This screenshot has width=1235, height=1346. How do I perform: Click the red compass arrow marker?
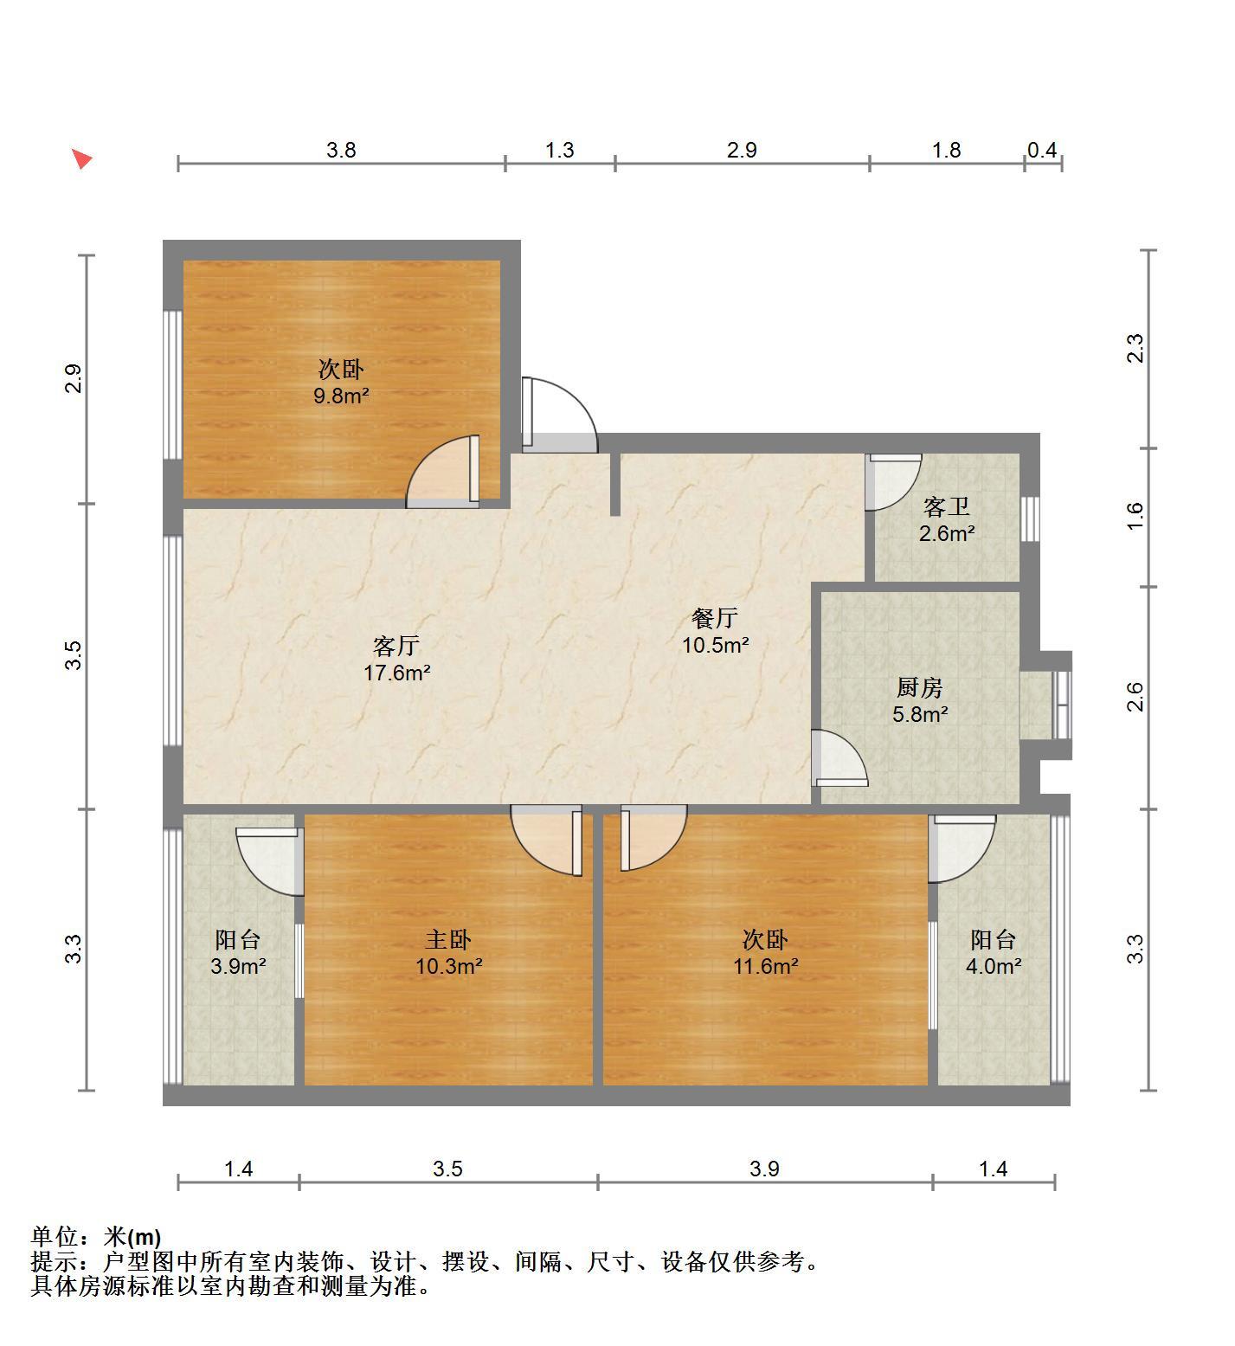coord(81,158)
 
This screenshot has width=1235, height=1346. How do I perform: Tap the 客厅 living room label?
coord(396,646)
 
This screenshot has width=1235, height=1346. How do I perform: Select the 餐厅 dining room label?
coord(715,618)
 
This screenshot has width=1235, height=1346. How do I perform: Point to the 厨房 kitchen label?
coord(919,688)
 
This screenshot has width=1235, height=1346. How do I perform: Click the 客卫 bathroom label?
coord(947,506)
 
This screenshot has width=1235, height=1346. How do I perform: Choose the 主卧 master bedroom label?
coord(448,939)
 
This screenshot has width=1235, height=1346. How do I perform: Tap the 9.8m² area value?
coord(341,396)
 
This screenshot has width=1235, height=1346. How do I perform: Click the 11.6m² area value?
coord(766,966)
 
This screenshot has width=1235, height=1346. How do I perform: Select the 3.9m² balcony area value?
coord(238,966)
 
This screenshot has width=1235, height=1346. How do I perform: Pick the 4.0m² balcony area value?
coord(994,966)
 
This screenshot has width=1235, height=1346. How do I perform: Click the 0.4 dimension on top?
coord(1042,150)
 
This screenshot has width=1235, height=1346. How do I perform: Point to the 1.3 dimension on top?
coord(559,150)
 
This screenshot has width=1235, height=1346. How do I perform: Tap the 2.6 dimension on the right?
coord(1135,698)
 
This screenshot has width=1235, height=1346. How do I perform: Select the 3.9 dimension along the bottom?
coord(764,1169)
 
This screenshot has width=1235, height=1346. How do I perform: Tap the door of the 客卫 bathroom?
coord(894,482)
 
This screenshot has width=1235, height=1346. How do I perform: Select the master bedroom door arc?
coord(546,840)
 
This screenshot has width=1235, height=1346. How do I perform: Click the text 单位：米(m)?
coord(96,1237)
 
